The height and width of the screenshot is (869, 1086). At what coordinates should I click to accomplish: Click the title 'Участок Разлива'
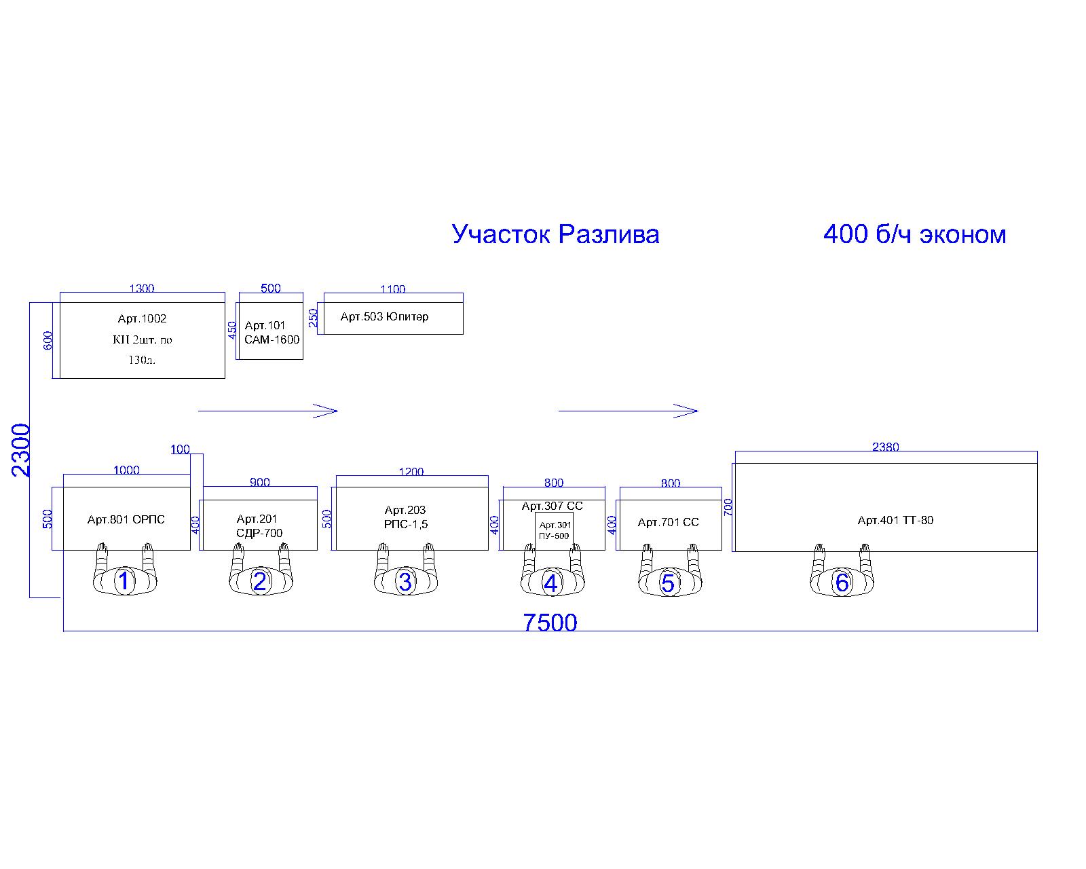pos(556,234)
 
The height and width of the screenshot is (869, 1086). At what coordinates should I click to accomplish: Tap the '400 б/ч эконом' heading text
pos(914,234)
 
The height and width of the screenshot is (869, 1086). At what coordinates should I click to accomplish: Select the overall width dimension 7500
pos(550,623)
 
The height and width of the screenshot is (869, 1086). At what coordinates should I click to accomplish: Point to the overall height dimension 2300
pos(20,450)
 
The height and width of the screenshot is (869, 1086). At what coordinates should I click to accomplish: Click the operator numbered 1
pos(125,571)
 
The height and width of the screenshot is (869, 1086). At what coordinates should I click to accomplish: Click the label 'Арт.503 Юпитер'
pos(385,316)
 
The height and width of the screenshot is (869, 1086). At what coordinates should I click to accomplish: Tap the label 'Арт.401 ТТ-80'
pos(895,520)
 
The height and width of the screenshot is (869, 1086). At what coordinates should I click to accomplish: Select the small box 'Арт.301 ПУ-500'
pos(554,531)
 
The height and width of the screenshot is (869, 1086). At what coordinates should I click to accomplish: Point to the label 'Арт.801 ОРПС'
pos(126,519)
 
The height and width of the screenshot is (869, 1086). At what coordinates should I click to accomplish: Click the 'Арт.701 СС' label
pos(668,522)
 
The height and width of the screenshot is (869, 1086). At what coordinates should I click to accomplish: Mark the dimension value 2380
pos(886,447)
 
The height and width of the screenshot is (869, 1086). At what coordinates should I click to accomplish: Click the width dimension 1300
pos(142,289)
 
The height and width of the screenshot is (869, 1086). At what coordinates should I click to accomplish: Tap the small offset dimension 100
pos(180,449)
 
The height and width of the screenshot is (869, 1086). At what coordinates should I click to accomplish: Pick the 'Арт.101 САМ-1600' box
pos(271,331)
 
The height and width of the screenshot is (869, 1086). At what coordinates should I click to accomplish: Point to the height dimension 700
pos(728,507)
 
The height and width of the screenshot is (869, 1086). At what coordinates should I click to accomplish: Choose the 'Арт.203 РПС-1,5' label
pos(405,517)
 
